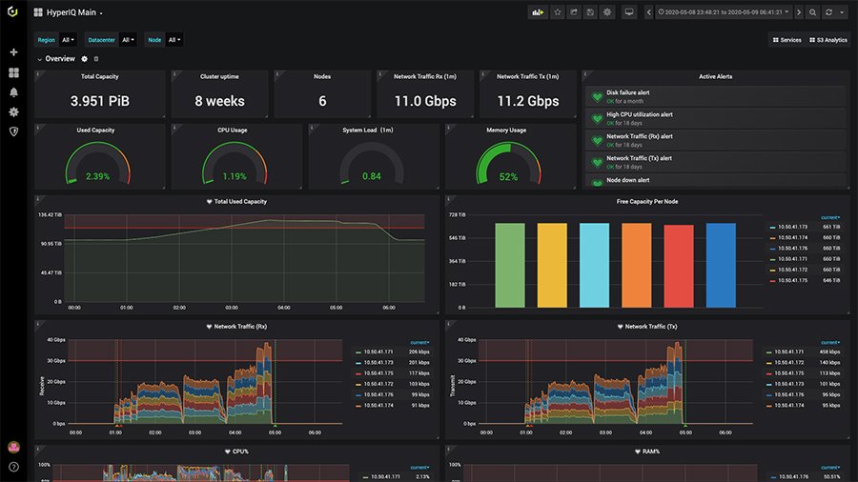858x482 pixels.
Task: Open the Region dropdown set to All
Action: click(x=69, y=40)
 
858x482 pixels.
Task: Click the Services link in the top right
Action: click(x=786, y=40)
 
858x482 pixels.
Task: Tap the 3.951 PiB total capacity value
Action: click(x=99, y=101)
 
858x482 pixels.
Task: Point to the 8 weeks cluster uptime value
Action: click(x=219, y=101)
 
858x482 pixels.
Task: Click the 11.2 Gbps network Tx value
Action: click(x=528, y=101)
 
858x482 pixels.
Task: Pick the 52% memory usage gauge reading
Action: click(x=508, y=176)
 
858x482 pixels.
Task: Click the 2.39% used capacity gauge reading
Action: click(x=97, y=176)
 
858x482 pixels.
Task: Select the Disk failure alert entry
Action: click(x=627, y=93)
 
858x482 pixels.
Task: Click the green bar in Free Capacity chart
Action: click(x=509, y=265)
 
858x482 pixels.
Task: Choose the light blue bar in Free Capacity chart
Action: click(x=594, y=265)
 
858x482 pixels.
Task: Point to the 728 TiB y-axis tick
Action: click(x=457, y=215)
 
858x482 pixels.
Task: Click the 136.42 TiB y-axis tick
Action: click(x=51, y=215)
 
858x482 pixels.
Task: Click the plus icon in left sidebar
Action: click(x=13, y=52)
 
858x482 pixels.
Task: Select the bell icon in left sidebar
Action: click(x=13, y=92)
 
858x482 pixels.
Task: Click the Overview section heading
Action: click(x=60, y=59)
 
